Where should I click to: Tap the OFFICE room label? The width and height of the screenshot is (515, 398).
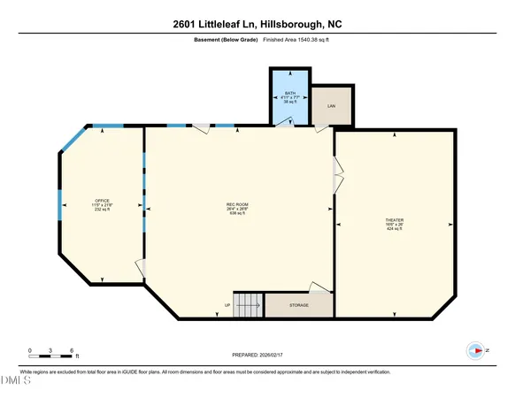pos(102,205)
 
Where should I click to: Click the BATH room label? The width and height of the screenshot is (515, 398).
pos(289,96)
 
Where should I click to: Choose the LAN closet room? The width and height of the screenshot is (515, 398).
pos(332,106)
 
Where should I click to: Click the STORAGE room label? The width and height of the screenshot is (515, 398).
pos(299,305)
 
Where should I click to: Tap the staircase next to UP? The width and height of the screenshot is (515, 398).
pos(248,304)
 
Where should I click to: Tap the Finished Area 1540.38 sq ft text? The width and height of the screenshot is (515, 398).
pos(301,41)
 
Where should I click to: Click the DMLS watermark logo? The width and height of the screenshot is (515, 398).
pos(15,382)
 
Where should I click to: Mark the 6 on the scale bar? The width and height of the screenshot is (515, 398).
pos(72,351)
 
